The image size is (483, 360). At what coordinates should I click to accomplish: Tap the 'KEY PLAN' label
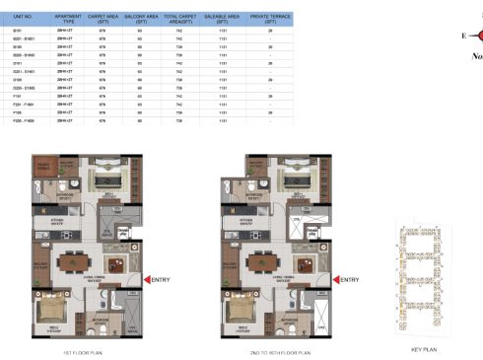pyautogui.click(x=422, y=348)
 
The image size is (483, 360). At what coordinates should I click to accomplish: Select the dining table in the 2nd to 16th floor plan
pyautogui.click(x=271, y=264)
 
